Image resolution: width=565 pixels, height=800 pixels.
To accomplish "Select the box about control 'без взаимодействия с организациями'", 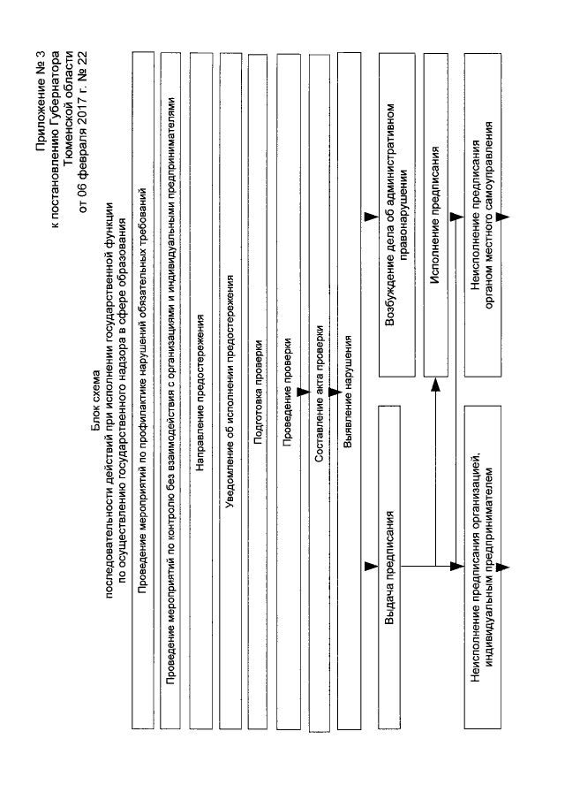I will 173,390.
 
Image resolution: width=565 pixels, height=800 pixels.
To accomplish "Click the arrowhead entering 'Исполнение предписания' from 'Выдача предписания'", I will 434,385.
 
